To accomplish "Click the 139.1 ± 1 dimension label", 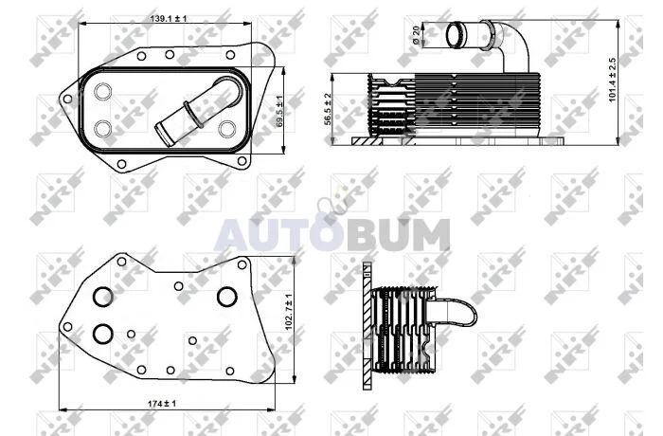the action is click(169, 19).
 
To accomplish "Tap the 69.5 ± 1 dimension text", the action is click(278, 112).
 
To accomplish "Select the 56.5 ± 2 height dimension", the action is click(328, 109).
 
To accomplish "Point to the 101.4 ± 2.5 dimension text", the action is click(612, 80).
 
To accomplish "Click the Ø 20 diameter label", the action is click(416, 35).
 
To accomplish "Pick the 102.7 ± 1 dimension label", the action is click(289, 312).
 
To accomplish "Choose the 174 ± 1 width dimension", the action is click(162, 404).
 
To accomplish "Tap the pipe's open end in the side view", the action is click(456, 35).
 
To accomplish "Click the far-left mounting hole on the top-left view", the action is click(67, 100).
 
